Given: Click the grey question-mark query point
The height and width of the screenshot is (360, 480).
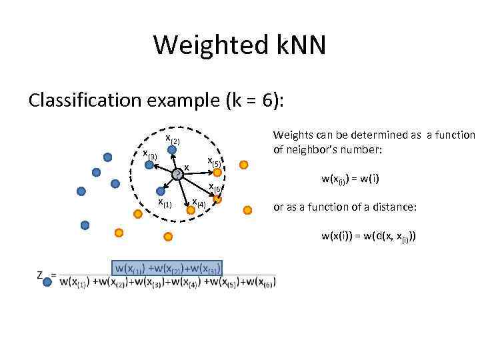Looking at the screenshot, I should (177, 175).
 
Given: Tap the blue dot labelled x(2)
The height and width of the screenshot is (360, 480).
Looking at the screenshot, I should (172, 151).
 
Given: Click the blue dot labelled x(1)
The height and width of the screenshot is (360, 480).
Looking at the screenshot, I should (161, 191).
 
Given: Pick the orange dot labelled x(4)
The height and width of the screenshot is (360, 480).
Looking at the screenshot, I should (191, 209).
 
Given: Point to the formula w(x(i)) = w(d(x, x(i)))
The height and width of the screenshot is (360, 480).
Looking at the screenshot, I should (368, 236).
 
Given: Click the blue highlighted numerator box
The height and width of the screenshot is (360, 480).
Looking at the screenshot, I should (167, 268).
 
